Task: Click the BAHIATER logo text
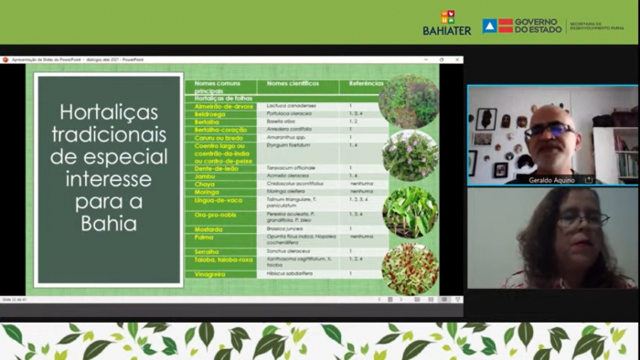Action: coord(447,30)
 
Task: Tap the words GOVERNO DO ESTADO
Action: coord(539,25)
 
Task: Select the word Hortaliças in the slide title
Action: coord(109,112)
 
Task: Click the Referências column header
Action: coord(359,85)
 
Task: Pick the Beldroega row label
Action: coord(209,113)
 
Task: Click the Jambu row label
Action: coord(205,176)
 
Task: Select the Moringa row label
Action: coord(207,192)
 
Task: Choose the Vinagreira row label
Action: coord(211,273)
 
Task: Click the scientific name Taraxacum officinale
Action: coord(291,168)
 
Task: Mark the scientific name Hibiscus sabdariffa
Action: coord(289,273)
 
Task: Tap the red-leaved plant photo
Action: coord(410,267)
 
